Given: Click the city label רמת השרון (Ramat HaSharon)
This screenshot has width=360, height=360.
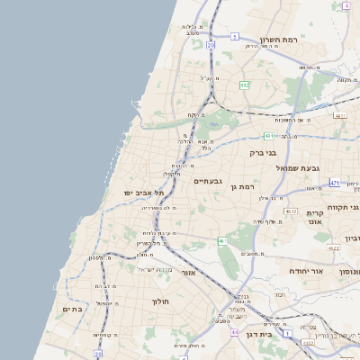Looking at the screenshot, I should click(278, 40).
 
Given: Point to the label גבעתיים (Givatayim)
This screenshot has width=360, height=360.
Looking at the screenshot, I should click(207, 181).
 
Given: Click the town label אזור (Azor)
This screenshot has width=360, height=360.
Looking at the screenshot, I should click(188, 272).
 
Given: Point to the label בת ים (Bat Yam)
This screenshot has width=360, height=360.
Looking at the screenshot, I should click(72, 310).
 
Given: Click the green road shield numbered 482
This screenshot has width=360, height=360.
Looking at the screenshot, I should click(244, 85).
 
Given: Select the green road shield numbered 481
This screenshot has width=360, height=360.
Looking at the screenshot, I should click(269, 136).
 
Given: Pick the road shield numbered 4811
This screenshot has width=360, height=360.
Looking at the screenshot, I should click(339, 115).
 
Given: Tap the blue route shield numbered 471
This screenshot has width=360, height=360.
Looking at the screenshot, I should click(334, 183).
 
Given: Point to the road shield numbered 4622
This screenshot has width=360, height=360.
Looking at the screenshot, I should click(333, 248).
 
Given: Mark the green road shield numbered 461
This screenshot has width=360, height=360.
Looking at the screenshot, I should click(221, 241).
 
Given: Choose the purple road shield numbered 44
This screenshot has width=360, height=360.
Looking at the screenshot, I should click(233, 333).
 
